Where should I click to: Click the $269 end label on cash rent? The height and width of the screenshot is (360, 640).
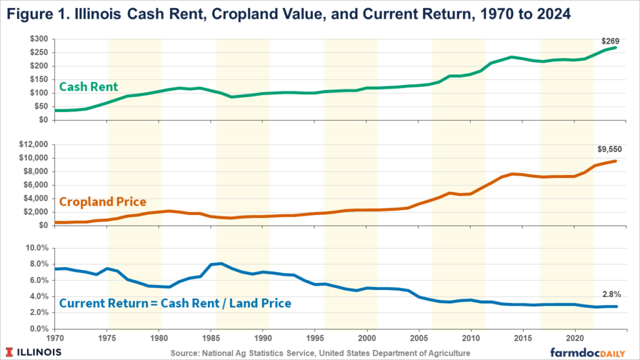click(610, 41)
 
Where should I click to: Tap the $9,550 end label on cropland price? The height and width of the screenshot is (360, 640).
click(610, 149)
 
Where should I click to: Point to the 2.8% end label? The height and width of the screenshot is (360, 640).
click(611, 294)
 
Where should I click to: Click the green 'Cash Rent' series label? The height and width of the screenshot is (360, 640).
click(89, 86)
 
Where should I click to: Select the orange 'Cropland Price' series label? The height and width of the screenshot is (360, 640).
click(103, 202)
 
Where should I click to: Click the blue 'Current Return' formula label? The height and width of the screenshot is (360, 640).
click(176, 303)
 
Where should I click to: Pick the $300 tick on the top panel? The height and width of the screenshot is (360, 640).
click(39, 39)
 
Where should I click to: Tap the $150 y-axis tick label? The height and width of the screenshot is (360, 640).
click(39, 79)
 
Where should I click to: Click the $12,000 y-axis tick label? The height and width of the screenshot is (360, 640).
click(34, 144)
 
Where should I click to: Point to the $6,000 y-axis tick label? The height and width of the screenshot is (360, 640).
click(36, 185)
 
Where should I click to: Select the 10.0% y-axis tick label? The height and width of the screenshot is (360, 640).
click(37, 248)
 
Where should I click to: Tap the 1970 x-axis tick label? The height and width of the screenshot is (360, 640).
click(55, 338)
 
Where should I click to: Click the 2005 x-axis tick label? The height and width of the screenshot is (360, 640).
click(419, 338)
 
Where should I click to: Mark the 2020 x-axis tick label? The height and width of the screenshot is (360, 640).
click(575, 338)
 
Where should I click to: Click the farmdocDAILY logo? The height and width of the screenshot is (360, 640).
click(587, 352)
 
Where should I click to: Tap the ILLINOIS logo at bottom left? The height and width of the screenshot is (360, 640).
click(34, 352)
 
